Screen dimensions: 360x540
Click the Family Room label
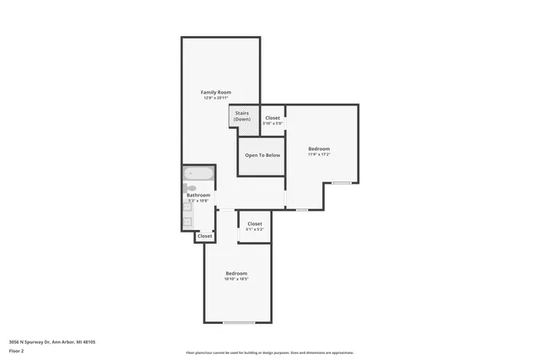coord(215,92)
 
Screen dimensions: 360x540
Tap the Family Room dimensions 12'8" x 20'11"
coord(215,98)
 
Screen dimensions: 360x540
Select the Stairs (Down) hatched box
coord(242,116)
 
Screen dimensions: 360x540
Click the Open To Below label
coord(262,156)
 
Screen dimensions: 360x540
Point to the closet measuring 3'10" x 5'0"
coord(273,121)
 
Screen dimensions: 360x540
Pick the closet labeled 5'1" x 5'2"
coord(255,226)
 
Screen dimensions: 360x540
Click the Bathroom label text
coord(198,195)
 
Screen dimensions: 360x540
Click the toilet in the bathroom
coord(191,188)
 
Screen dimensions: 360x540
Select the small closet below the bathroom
coord(205,237)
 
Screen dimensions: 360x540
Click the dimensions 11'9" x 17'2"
coord(318,154)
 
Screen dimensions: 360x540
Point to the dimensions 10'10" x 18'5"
coord(236,279)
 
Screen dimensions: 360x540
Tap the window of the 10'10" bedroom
coord(239,323)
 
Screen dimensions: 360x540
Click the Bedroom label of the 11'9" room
coord(318,148)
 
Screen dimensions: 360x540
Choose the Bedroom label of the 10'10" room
coord(236,273)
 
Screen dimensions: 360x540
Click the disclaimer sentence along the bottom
coord(269,352)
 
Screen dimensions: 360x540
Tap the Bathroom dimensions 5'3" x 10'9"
coord(198,201)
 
